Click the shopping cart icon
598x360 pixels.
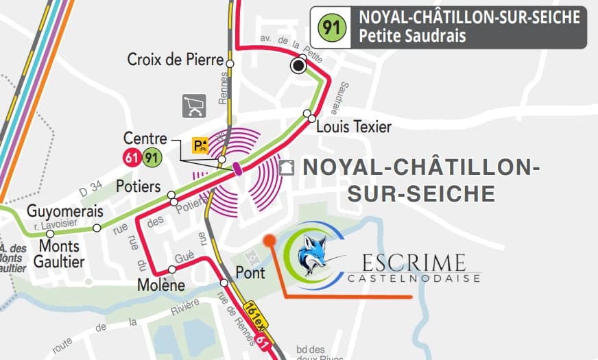click(194, 106)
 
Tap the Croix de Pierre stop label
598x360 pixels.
click(176, 60)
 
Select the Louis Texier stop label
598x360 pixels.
click(354, 127)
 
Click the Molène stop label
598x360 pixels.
click(161, 285)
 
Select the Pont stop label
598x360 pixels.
click(250, 272)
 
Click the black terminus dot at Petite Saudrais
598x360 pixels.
click(298, 66)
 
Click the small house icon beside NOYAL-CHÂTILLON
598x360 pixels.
click(287, 167)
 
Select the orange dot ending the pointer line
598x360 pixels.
click(270, 240)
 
